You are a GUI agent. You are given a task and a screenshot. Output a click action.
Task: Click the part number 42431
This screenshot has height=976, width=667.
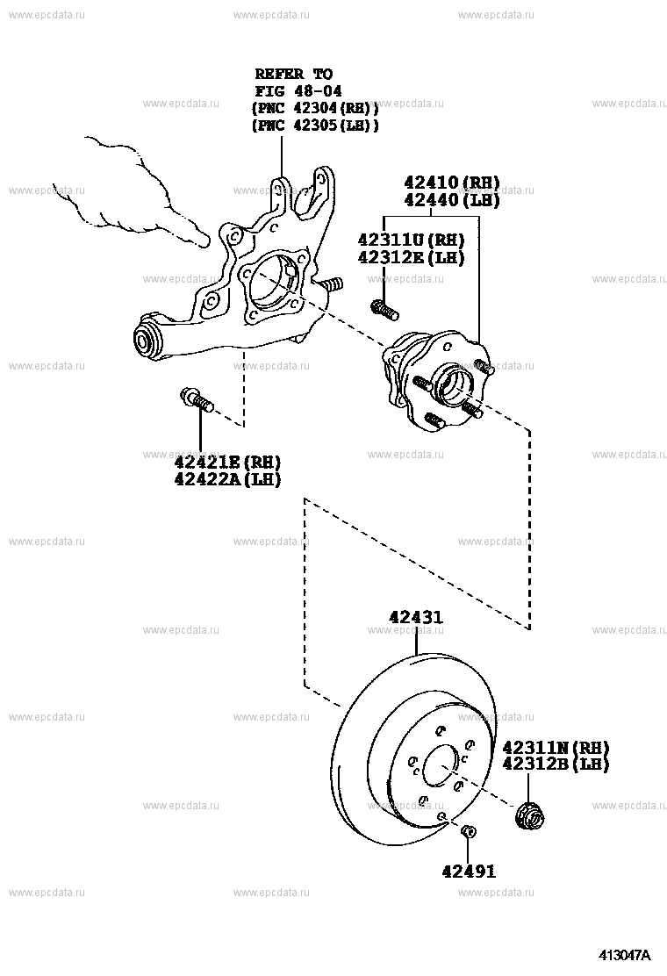(416, 618)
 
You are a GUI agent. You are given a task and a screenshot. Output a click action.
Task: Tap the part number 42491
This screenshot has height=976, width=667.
(469, 871)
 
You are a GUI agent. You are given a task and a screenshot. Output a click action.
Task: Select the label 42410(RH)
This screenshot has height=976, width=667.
(451, 183)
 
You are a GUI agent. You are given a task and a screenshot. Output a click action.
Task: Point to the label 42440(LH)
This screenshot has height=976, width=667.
(451, 200)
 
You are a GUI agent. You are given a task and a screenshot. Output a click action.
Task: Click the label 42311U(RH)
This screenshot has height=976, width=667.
(411, 239)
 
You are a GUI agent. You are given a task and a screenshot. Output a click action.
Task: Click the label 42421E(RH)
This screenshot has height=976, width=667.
(226, 462)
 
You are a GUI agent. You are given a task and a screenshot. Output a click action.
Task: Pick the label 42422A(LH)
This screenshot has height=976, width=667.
(226, 479)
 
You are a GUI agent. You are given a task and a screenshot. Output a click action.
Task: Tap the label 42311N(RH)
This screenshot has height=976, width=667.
(556, 747)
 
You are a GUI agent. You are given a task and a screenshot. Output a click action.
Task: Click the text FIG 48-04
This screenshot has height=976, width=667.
(298, 90)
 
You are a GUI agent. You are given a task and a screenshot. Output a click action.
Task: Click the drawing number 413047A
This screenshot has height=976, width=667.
(625, 955)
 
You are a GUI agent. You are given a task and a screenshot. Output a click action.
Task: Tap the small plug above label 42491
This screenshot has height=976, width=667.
(469, 831)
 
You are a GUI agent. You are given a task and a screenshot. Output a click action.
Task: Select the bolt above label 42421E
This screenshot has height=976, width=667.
(197, 401)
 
